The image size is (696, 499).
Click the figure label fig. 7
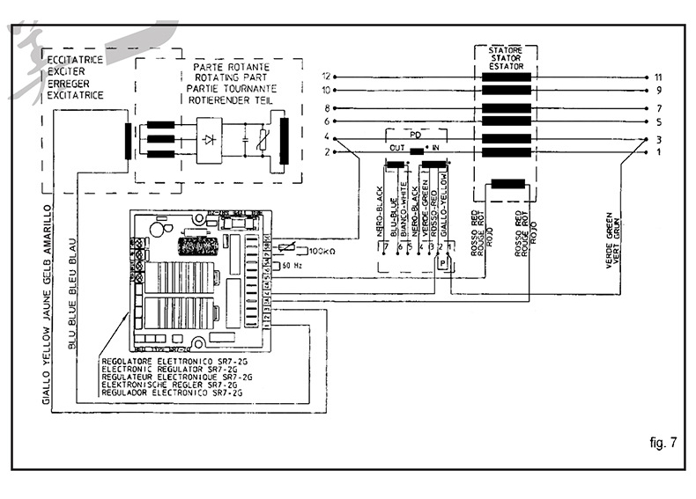click(663, 443)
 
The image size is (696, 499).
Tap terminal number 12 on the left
click(326, 77)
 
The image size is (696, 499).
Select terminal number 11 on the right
click(658, 77)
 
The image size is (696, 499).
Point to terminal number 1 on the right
click(658, 152)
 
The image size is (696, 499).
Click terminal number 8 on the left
click(327, 107)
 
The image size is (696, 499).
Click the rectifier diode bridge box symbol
click(208, 139)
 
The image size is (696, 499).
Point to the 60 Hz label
click(293, 264)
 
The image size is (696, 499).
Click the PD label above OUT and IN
click(415, 133)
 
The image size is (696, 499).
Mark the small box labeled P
click(442, 262)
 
